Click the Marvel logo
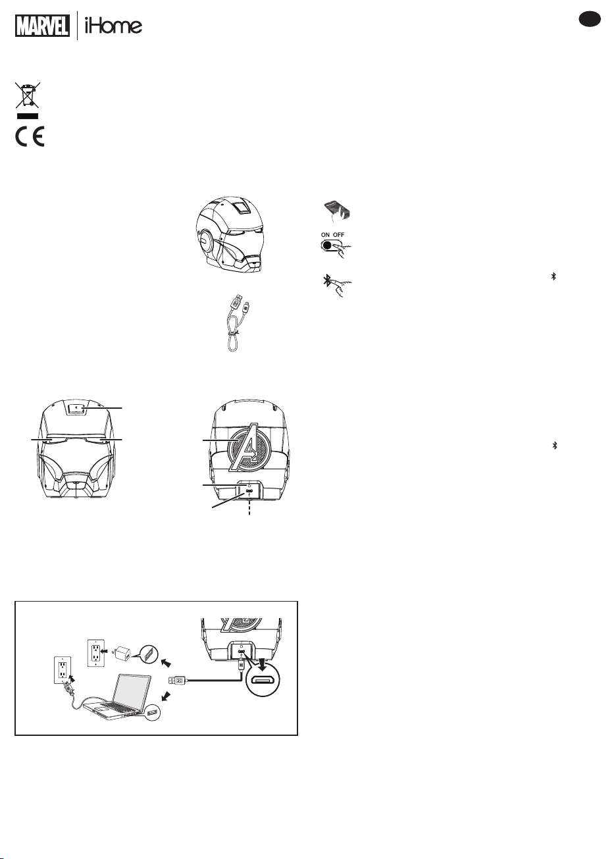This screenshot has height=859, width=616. point(42,26)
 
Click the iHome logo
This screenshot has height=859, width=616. point(113,26)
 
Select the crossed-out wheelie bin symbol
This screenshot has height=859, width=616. point(28,95)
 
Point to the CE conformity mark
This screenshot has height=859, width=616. point(30,136)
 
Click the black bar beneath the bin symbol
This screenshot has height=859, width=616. point(28,116)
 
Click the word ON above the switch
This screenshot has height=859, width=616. point(325,234)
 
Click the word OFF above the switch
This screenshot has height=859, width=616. point(338,234)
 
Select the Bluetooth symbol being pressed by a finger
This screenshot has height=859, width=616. point(326,281)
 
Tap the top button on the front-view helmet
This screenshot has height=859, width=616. point(78,407)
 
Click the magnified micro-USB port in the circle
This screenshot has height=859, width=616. point(262,681)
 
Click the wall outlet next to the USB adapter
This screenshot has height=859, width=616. point(96,652)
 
